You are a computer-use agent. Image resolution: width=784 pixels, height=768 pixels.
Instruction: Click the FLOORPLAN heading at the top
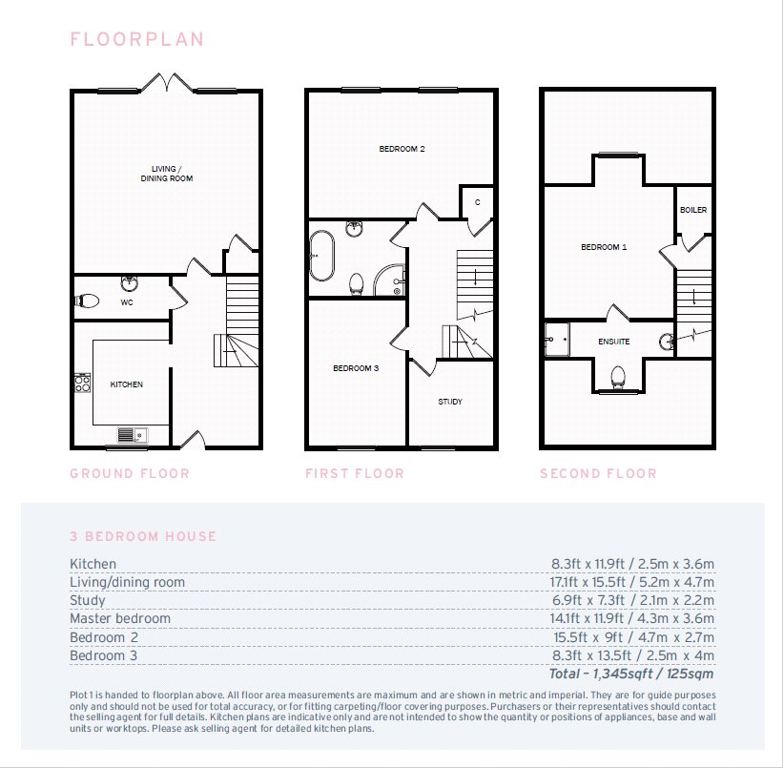[137, 39]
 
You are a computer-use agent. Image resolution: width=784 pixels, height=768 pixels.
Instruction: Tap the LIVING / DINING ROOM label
[167, 174]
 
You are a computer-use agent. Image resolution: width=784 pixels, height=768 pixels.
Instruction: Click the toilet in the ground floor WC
[87, 301]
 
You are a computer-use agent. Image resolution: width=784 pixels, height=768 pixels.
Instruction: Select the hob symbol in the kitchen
[82, 383]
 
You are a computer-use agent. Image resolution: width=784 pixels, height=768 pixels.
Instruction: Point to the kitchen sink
[133, 435]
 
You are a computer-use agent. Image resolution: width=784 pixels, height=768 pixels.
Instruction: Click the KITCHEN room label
[127, 384]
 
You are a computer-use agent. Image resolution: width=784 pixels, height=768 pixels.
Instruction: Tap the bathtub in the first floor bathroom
[321, 256]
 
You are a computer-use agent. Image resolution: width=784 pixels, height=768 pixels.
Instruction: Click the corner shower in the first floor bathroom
[389, 280]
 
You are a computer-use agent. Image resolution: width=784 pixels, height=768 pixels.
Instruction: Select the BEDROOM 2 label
[402, 149]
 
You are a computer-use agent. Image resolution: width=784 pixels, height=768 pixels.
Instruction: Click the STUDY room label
[450, 402]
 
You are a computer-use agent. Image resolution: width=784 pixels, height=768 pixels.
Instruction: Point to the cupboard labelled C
[477, 202]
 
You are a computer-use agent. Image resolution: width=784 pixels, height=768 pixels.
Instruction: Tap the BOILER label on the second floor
[693, 210]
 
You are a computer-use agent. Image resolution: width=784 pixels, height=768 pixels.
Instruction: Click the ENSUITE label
[614, 342]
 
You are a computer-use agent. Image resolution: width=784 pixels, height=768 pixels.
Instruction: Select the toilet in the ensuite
[618, 377]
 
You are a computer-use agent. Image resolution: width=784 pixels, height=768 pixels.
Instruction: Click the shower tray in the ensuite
[557, 340]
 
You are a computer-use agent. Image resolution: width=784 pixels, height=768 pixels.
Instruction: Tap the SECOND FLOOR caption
[599, 473]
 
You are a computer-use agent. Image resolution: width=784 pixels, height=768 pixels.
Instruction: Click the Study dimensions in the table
[633, 600]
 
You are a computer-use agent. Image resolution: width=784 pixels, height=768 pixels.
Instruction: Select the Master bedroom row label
[120, 618]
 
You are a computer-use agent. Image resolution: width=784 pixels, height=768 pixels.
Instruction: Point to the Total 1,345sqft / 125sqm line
[631, 674]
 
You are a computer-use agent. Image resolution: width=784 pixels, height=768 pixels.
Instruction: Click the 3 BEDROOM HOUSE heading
[143, 536]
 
